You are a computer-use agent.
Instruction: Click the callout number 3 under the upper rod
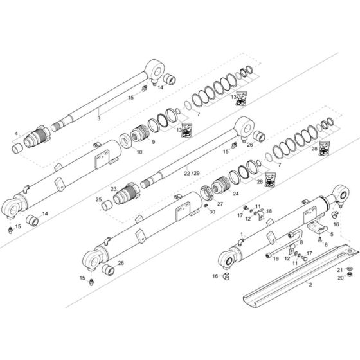tap(98, 119)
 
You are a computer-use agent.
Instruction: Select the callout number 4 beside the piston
tap(16, 134)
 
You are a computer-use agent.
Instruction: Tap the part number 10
tap(139, 152)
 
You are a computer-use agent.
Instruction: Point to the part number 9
tap(154, 142)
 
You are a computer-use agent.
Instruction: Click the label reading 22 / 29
tap(192, 174)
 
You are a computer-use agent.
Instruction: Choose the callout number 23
tap(113, 189)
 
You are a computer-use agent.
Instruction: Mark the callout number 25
tap(98, 200)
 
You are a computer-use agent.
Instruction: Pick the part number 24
tap(236, 194)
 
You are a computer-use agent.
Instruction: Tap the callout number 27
tap(219, 204)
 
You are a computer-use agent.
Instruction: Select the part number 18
tap(269, 211)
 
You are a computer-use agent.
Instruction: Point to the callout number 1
tap(241, 234)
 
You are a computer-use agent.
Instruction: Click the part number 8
tap(301, 242)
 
